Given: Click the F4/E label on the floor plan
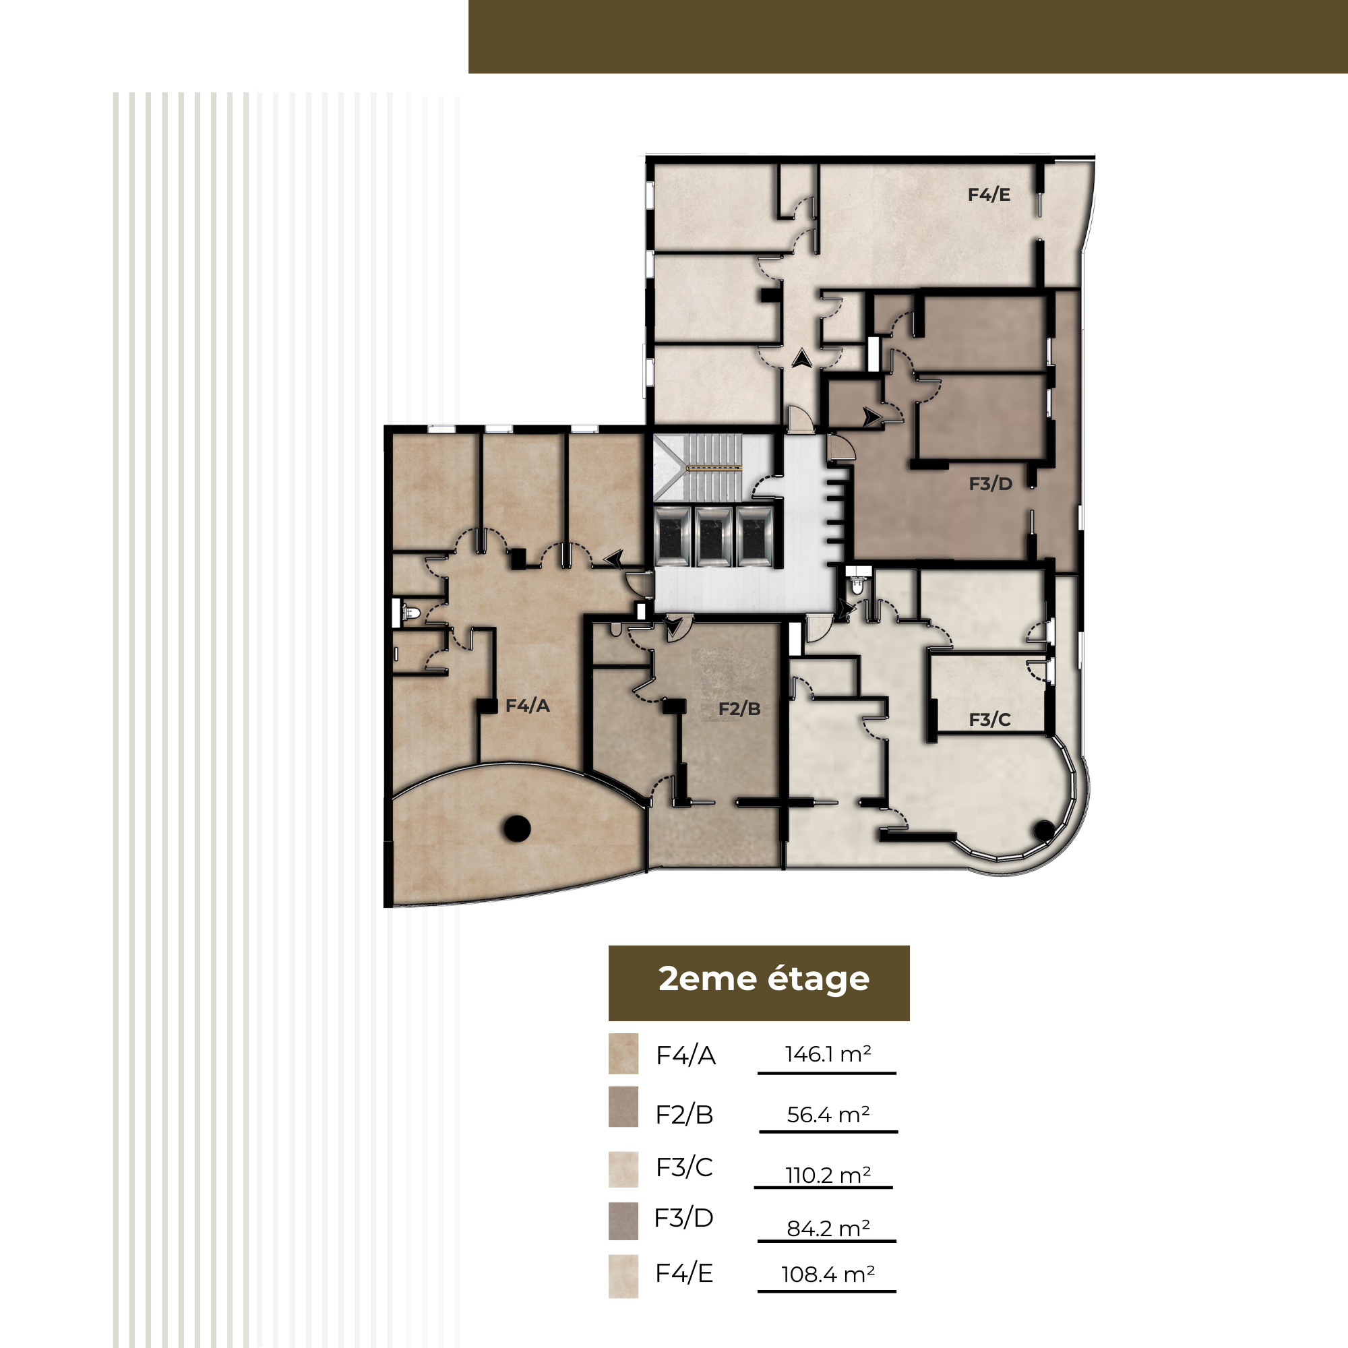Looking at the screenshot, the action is point(989,195).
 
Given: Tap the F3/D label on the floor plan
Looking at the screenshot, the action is point(990,483).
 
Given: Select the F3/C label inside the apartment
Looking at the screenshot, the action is point(989,719).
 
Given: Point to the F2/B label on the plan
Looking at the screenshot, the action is point(739,709).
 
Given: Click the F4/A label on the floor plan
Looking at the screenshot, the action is point(528,706).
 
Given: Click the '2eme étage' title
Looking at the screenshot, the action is point(764,979).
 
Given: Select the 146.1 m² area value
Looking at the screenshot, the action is point(828,1054).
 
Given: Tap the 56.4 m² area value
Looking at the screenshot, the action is point(828,1114).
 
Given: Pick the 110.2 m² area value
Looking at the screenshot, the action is point(828,1175).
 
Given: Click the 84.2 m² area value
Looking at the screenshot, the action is point(828,1228).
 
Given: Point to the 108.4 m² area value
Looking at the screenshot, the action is point(828,1274).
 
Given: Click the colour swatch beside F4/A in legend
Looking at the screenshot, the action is point(623,1053).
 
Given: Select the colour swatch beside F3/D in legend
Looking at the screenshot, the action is point(623,1221).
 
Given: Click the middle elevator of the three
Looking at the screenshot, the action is point(713,537).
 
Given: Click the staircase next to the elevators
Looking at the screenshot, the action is point(713,468).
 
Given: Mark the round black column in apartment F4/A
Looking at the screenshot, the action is point(517,828).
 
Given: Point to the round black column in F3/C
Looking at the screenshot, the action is point(1045,830).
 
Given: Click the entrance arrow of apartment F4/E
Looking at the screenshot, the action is point(801,359).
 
